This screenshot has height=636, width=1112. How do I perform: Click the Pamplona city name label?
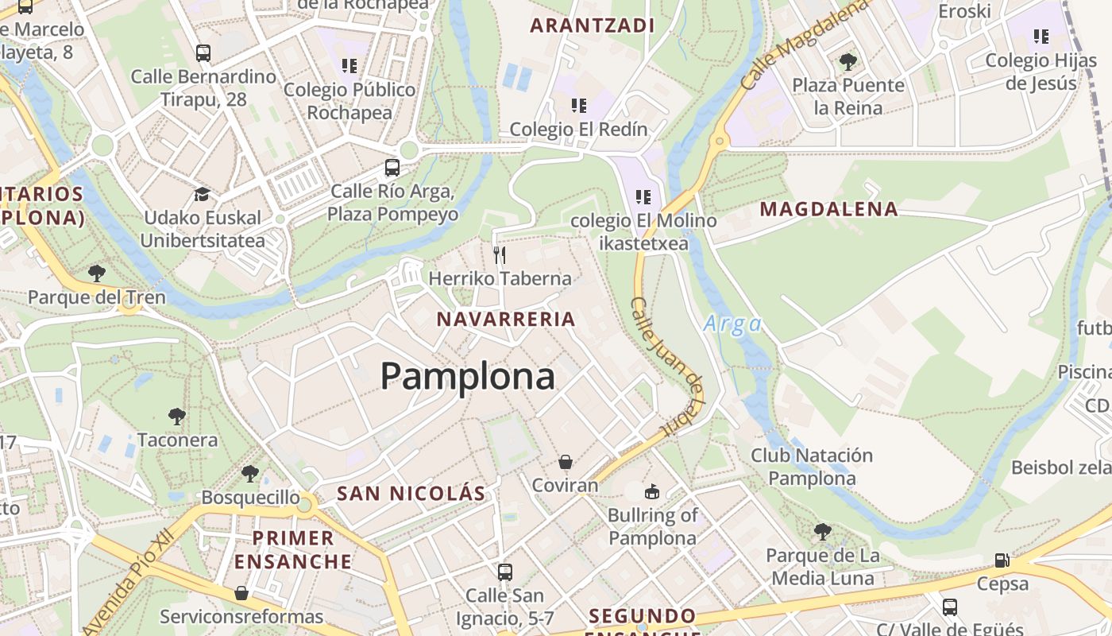pyautogui.click(x=467, y=376)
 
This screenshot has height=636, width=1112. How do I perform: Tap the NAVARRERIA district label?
pyautogui.click(x=506, y=320)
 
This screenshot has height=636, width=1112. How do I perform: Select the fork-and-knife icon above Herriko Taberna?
pyautogui.click(x=500, y=254)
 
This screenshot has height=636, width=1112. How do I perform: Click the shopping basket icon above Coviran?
pyautogui.click(x=566, y=462)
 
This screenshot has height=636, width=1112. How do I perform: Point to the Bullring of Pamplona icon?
pyautogui.click(x=652, y=491)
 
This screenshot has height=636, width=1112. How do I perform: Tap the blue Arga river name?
pyautogui.click(x=732, y=324)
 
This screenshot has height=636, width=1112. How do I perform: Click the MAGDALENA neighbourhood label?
pyautogui.click(x=828, y=209)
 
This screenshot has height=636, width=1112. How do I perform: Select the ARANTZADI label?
pyautogui.click(x=592, y=25)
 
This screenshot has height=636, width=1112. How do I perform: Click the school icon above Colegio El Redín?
pyautogui.click(x=579, y=105)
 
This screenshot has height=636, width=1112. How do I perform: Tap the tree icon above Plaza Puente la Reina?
pyautogui.click(x=848, y=61)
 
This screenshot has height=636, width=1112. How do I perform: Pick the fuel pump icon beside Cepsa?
pyautogui.click(x=1002, y=560)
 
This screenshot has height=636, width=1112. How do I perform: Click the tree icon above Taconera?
pyautogui.click(x=177, y=416)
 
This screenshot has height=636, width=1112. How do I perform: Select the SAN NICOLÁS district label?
pyautogui.click(x=411, y=493)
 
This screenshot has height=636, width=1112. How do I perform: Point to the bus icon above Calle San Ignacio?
pyautogui.click(x=504, y=572)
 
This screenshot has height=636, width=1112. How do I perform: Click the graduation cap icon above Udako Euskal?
pyautogui.click(x=203, y=194)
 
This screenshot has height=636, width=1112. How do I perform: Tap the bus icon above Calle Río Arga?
pyautogui.click(x=392, y=168)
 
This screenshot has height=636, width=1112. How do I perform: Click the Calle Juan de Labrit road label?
pyautogui.click(x=667, y=365)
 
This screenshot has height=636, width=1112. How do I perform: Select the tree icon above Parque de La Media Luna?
pyautogui.click(x=824, y=531)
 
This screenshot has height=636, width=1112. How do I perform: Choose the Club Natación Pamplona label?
pyautogui.click(x=812, y=467)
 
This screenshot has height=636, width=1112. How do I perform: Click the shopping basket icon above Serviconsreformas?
pyautogui.click(x=241, y=593)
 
